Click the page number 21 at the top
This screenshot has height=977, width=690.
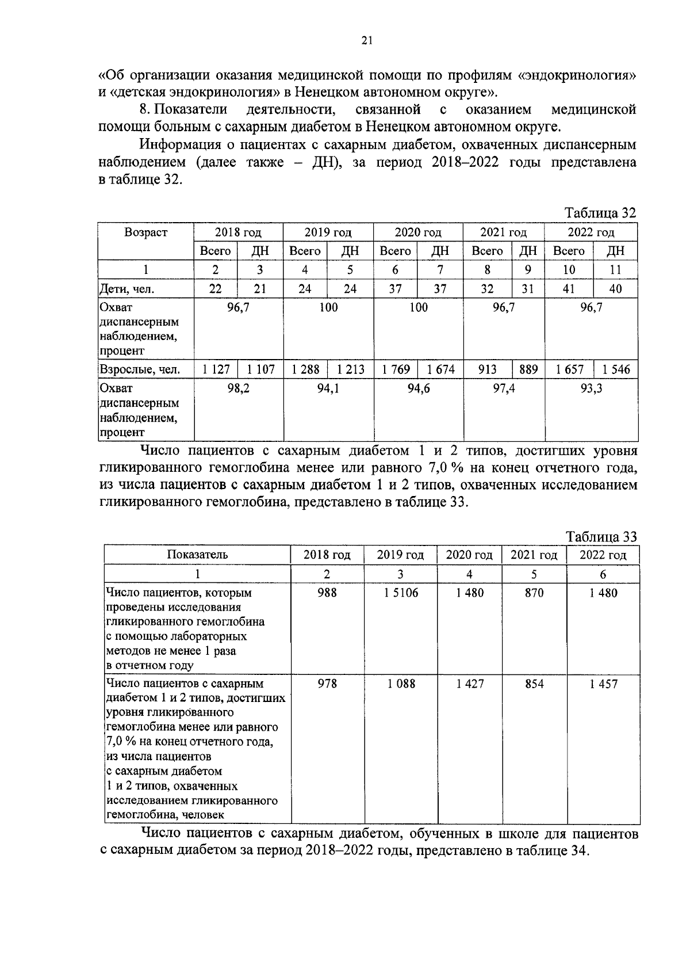pyautogui.click(x=367, y=40)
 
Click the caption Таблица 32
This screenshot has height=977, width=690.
pyautogui.click(x=600, y=213)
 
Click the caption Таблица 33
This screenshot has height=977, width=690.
pyautogui.click(x=601, y=537)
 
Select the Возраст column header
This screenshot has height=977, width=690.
pyautogui.click(x=145, y=232)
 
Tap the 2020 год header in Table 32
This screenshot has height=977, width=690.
pyautogui.click(x=418, y=232)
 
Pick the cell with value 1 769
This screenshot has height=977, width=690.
pyautogui.click(x=396, y=369)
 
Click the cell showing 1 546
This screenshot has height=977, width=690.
pyautogui.click(x=616, y=369)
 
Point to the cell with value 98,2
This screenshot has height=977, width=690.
pyautogui.click(x=239, y=388)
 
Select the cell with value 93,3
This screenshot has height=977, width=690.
pyautogui.click(x=591, y=388)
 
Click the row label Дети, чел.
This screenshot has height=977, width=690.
pyautogui.click(x=126, y=289)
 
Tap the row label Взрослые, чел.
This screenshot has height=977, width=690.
pyautogui.click(x=140, y=369)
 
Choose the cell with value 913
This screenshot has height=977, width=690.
pyautogui.click(x=487, y=369)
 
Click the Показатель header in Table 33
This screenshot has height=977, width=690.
pyautogui.click(x=197, y=555)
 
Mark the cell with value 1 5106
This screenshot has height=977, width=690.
pyautogui.click(x=401, y=593)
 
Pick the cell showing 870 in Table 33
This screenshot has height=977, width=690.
pyautogui.click(x=534, y=593)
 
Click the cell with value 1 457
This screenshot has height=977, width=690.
pyautogui.click(x=603, y=684)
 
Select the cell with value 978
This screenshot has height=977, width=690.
pyautogui.click(x=327, y=684)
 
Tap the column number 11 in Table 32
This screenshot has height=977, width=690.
pyautogui.click(x=615, y=270)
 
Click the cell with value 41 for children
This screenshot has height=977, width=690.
pyautogui.click(x=568, y=289)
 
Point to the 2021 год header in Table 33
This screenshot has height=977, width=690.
pyautogui.click(x=534, y=555)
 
